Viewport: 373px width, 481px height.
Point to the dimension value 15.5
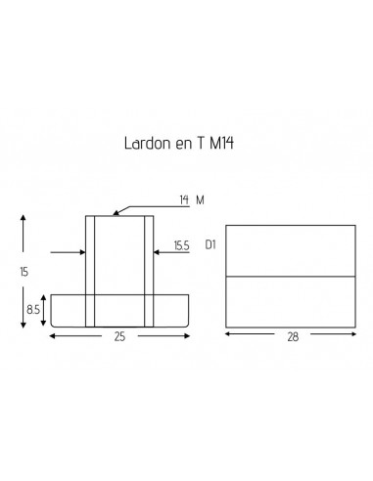pyautogui.click(x=181, y=246)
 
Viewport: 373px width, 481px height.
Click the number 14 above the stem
pyautogui.click(x=183, y=199)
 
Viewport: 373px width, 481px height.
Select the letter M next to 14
pyautogui.click(x=200, y=199)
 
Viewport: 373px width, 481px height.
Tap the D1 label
pyautogui.click(x=210, y=244)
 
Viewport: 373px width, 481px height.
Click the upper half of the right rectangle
pyautogui.click(x=290, y=250)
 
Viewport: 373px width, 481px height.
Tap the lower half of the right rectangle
pyautogui.click(x=290, y=301)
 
